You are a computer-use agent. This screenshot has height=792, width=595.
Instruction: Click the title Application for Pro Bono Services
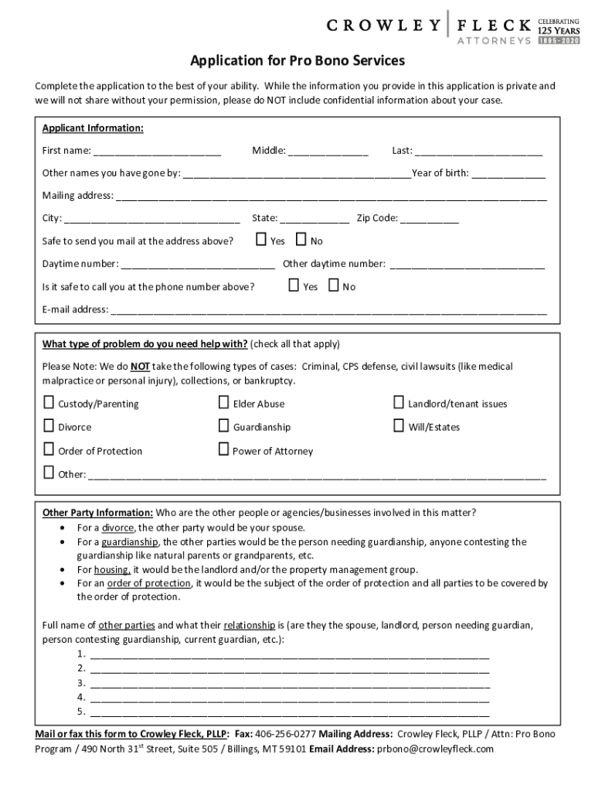coord(297,61)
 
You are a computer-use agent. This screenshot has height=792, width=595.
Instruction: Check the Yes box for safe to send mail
coord(261,241)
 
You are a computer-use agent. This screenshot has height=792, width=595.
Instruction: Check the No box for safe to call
coord(334,286)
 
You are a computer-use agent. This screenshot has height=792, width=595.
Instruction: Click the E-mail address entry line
coord(329,311)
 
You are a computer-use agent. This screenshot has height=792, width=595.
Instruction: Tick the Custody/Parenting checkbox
coord(49,403)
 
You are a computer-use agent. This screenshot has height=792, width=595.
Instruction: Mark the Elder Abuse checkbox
coord(223,403)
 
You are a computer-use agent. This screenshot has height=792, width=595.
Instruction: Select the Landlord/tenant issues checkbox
coord(399,403)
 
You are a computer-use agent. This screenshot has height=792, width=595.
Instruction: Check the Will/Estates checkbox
coord(399,426)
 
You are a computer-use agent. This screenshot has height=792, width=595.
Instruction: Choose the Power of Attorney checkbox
coord(223,450)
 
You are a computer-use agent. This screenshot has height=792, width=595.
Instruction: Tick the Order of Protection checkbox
coord(49,450)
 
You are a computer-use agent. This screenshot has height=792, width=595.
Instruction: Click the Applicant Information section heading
coord(93,128)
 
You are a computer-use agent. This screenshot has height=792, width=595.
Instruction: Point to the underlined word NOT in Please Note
coord(140,367)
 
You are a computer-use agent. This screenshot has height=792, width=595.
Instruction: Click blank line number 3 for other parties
coord(290,684)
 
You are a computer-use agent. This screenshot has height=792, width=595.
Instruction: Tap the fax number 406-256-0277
coord(285,734)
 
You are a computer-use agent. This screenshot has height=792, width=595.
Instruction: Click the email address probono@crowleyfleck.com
coord(435,749)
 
